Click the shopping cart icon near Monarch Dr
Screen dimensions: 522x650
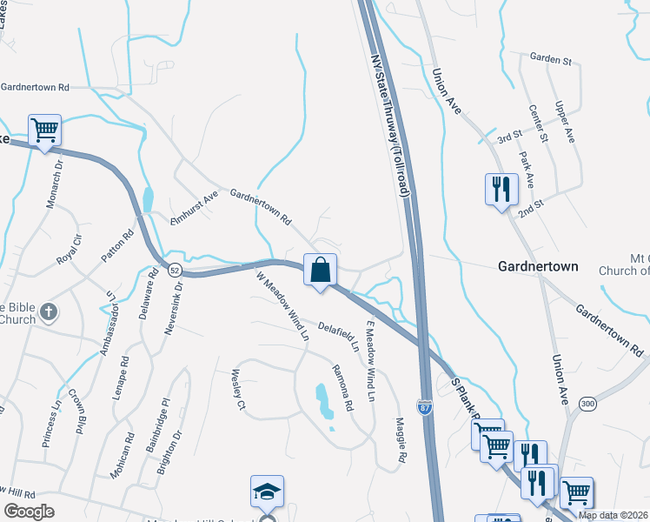click(44, 130)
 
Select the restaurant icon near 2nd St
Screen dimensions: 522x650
click(501, 190)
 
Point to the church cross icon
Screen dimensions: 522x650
click(50, 311)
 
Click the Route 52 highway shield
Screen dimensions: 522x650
click(175, 269)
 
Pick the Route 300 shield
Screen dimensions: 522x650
click(588, 403)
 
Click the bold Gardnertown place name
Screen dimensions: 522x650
click(539, 266)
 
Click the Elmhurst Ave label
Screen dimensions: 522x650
click(194, 211)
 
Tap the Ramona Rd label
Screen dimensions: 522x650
click(344, 388)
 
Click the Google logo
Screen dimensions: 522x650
click(29, 512)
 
